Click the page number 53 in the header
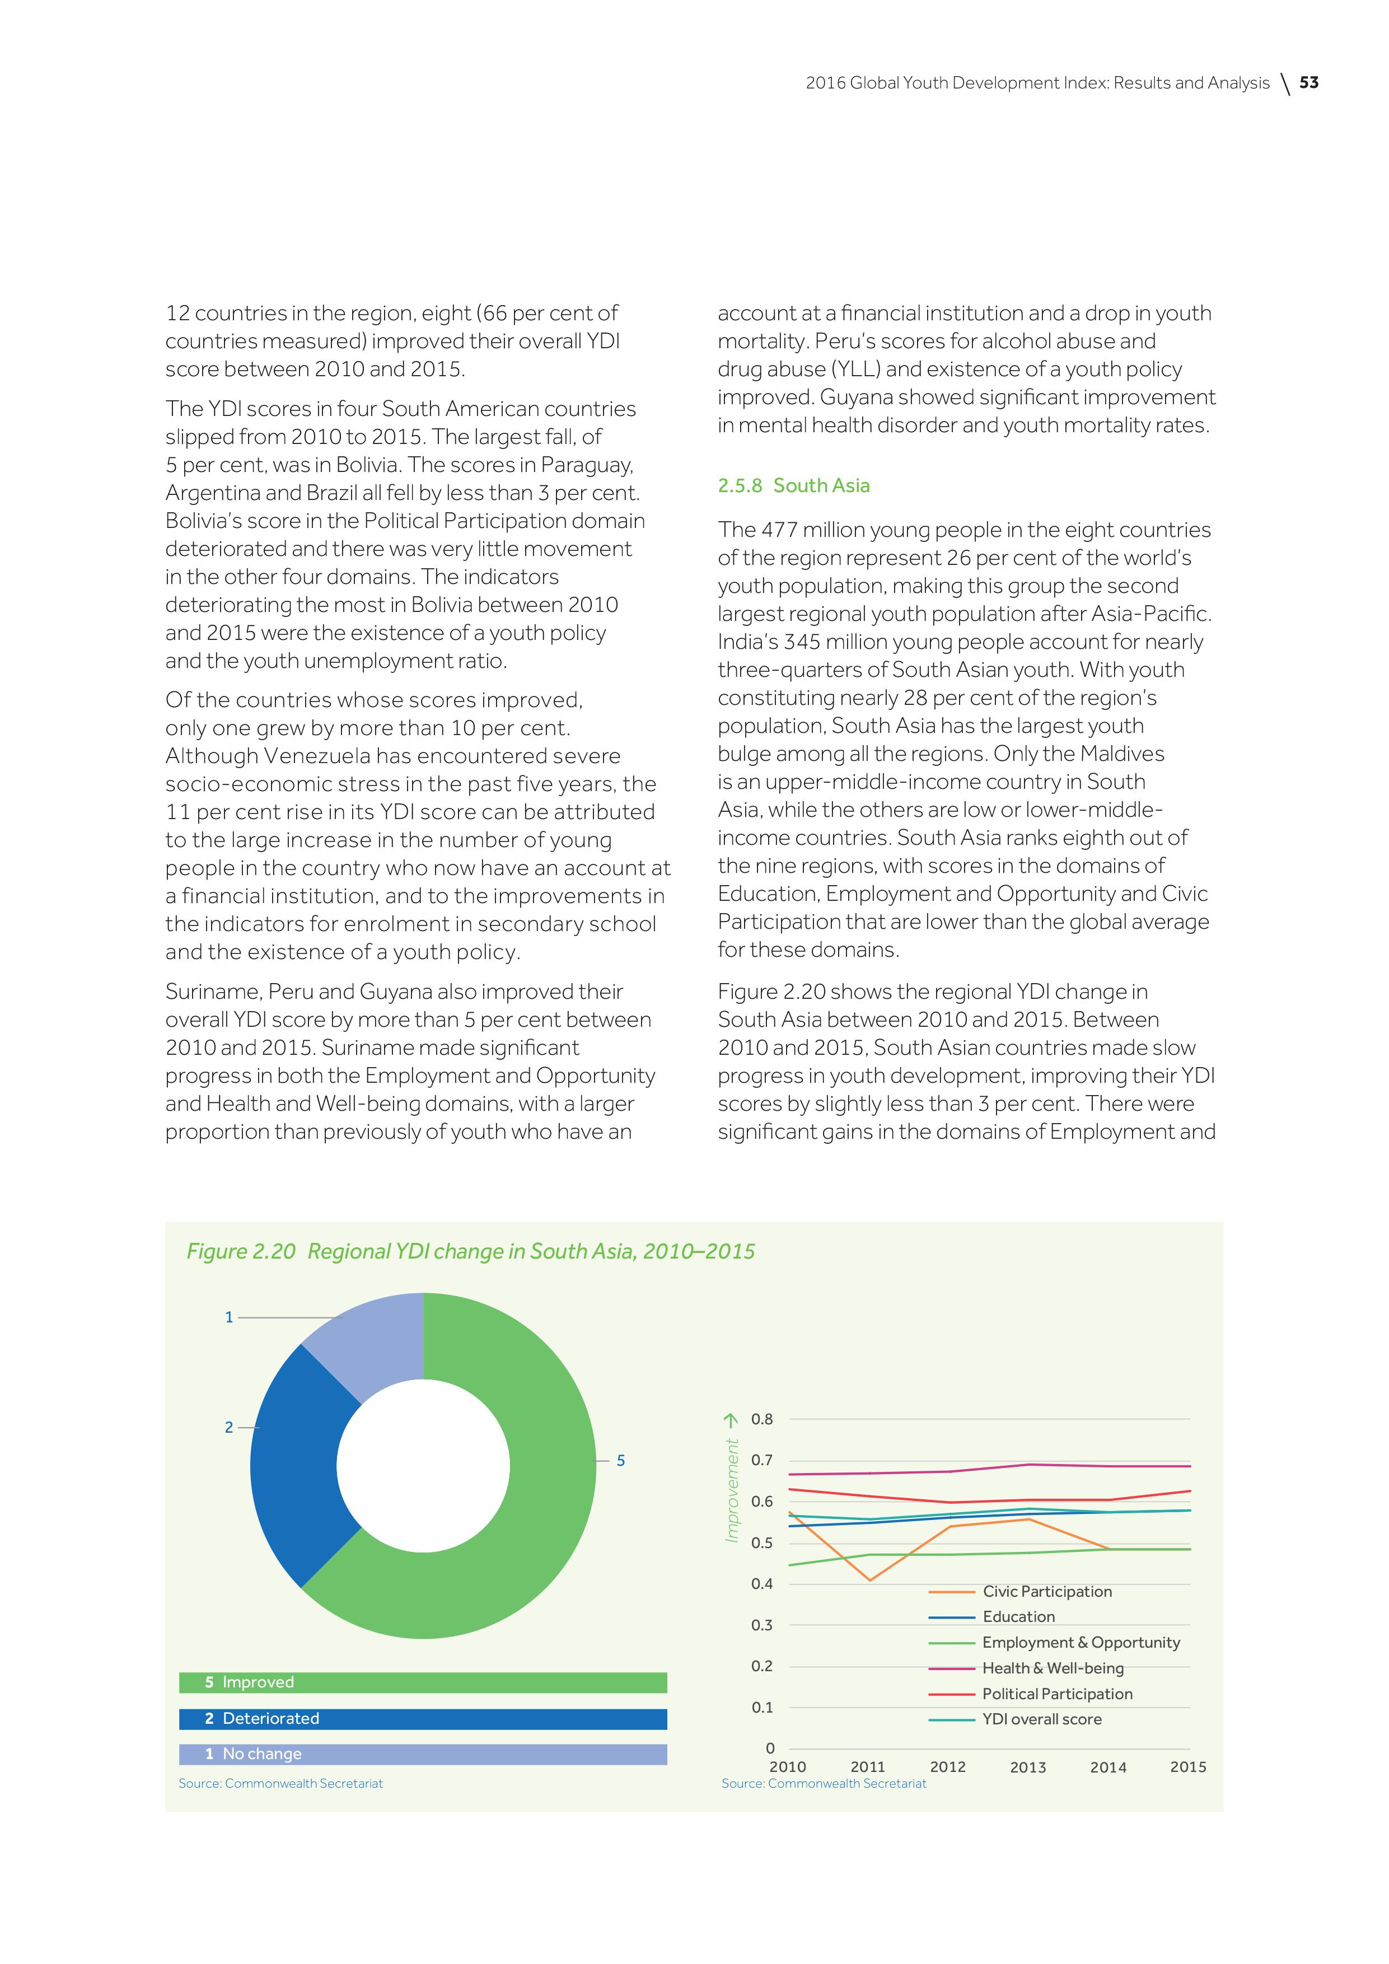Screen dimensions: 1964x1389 (1308, 83)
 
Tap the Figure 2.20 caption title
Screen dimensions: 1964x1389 (470, 1251)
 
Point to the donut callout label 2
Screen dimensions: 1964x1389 (228, 1428)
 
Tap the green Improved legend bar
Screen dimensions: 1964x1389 (423, 1682)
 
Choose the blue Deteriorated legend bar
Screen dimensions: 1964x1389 (423, 1719)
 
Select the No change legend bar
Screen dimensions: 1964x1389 (423, 1755)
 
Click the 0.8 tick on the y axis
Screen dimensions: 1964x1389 (761, 1420)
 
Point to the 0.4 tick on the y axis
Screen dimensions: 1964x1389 (761, 1584)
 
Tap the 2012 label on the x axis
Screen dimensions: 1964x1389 (948, 1767)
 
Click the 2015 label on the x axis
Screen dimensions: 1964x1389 (1188, 1767)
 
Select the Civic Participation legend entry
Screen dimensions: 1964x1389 (1047, 1592)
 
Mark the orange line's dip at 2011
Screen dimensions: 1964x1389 (870, 1580)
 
